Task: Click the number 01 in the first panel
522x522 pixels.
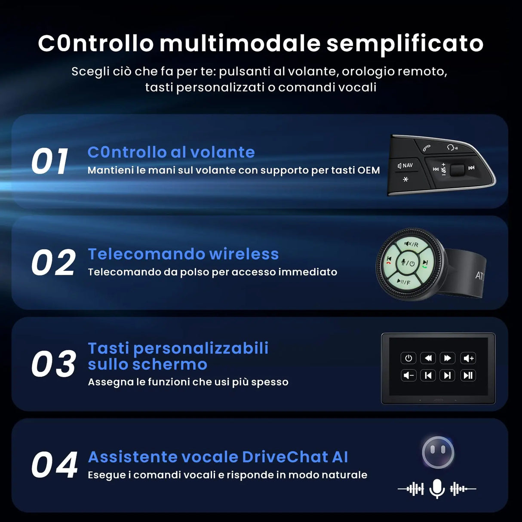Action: coord(50,162)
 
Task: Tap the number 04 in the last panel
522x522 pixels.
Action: coord(54,465)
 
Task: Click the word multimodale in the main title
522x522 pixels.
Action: coord(240,43)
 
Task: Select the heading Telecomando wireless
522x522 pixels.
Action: coord(183,254)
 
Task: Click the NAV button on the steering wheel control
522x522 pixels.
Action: coord(405,166)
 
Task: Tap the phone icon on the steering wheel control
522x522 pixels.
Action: coord(427,148)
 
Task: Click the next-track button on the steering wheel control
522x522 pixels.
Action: coord(471,168)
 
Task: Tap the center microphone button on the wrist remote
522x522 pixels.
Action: coord(407,263)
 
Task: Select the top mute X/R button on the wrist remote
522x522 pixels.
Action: coord(411,244)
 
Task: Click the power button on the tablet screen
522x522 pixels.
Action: coord(408,358)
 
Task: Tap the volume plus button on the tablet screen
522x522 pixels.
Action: coord(468,358)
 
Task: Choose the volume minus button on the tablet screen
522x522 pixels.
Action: coord(408,375)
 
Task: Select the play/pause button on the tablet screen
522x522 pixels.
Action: coord(468,375)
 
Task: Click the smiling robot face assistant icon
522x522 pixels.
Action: coord(438,452)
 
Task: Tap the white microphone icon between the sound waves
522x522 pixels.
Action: coord(437,488)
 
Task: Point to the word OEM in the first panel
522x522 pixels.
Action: coord(368,170)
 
